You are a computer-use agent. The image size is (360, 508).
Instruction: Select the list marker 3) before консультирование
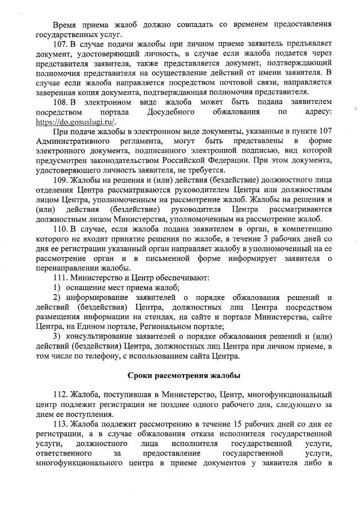click(58, 336)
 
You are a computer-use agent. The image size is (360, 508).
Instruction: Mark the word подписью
click(260, 150)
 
